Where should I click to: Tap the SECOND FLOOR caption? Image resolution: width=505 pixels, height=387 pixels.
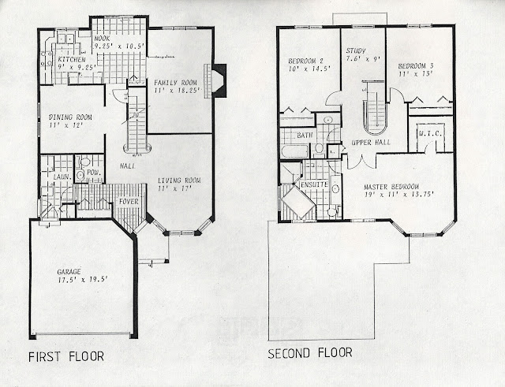(x=310, y=352)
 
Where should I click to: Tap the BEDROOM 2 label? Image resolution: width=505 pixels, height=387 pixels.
(x=304, y=61)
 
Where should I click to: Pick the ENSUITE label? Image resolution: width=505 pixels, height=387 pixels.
(x=314, y=186)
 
